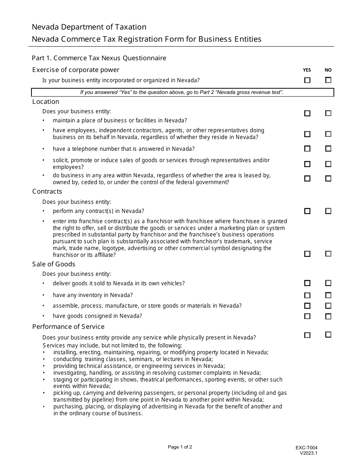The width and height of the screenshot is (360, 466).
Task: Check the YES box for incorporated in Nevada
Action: tap(307, 80)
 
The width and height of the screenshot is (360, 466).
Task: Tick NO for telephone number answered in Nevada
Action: tap(328, 149)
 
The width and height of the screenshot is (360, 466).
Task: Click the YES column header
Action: tap(307, 70)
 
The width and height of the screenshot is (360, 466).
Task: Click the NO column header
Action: tap(328, 70)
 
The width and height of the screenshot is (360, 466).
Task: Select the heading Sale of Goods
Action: tap(54, 264)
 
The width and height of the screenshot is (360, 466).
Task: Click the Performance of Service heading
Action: tap(68, 327)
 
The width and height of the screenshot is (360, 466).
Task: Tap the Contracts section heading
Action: tap(47, 191)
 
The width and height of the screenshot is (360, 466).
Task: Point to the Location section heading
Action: tap(46, 102)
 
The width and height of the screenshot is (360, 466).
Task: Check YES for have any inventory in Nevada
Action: tap(307, 295)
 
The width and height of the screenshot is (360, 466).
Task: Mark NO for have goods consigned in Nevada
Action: tap(328, 316)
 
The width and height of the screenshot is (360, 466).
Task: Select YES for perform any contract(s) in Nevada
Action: tap(307, 211)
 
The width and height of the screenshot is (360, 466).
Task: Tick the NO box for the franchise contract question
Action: tap(328, 254)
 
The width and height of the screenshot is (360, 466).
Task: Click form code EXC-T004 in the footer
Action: tap(307, 448)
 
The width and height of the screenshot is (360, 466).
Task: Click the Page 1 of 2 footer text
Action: tap(180, 447)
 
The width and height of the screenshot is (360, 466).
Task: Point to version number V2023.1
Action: tap(309, 453)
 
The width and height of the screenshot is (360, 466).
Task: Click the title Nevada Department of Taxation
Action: tap(89, 27)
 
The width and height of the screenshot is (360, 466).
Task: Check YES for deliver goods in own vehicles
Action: tap(307, 283)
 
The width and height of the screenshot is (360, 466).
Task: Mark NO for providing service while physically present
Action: tap(328, 335)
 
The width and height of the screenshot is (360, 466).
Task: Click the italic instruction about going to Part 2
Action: tap(182, 92)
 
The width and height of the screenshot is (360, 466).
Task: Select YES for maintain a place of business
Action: tap(307, 113)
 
